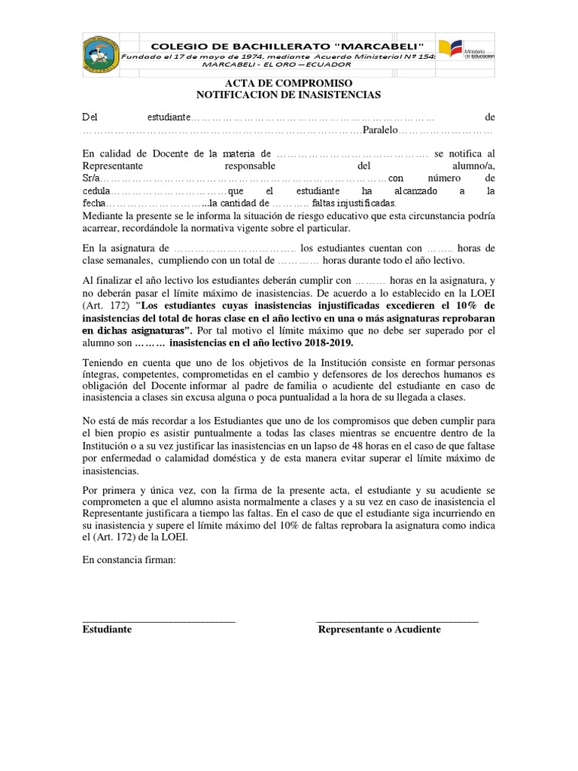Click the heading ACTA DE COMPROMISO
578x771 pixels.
pyautogui.click(x=289, y=83)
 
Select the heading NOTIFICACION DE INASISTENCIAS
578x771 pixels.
pyautogui.click(x=289, y=95)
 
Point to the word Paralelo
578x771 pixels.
pyautogui.click(x=380, y=131)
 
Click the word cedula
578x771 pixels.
pyautogui.click(x=96, y=191)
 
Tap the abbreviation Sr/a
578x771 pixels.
pyautogui.click(x=90, y=178)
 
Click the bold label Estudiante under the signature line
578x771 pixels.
pyautogui.click(x=107, y=629)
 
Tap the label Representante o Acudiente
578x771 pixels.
pyautogui.click(x=379, y=629)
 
